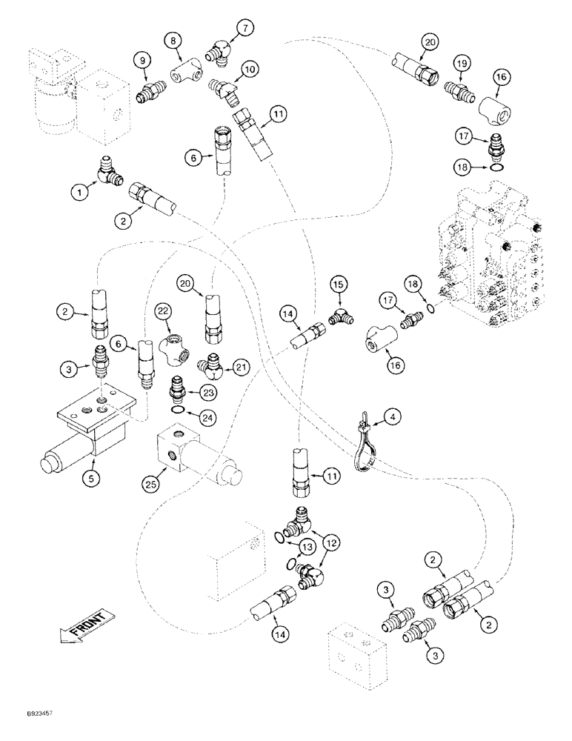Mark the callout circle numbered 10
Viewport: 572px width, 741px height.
tap(250, 70)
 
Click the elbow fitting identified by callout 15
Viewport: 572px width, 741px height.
tap(339, 316)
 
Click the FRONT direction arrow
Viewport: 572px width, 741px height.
tap(83, 623)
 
